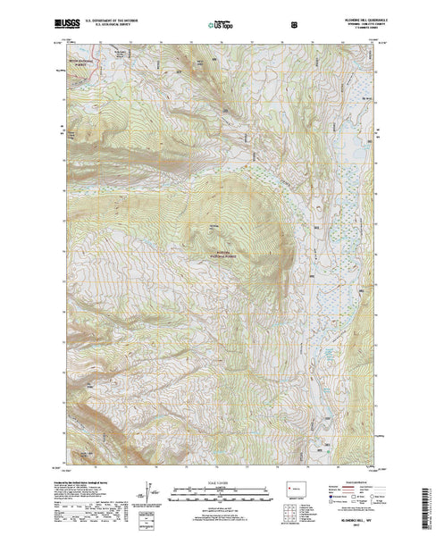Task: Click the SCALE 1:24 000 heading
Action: click(222, 482)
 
